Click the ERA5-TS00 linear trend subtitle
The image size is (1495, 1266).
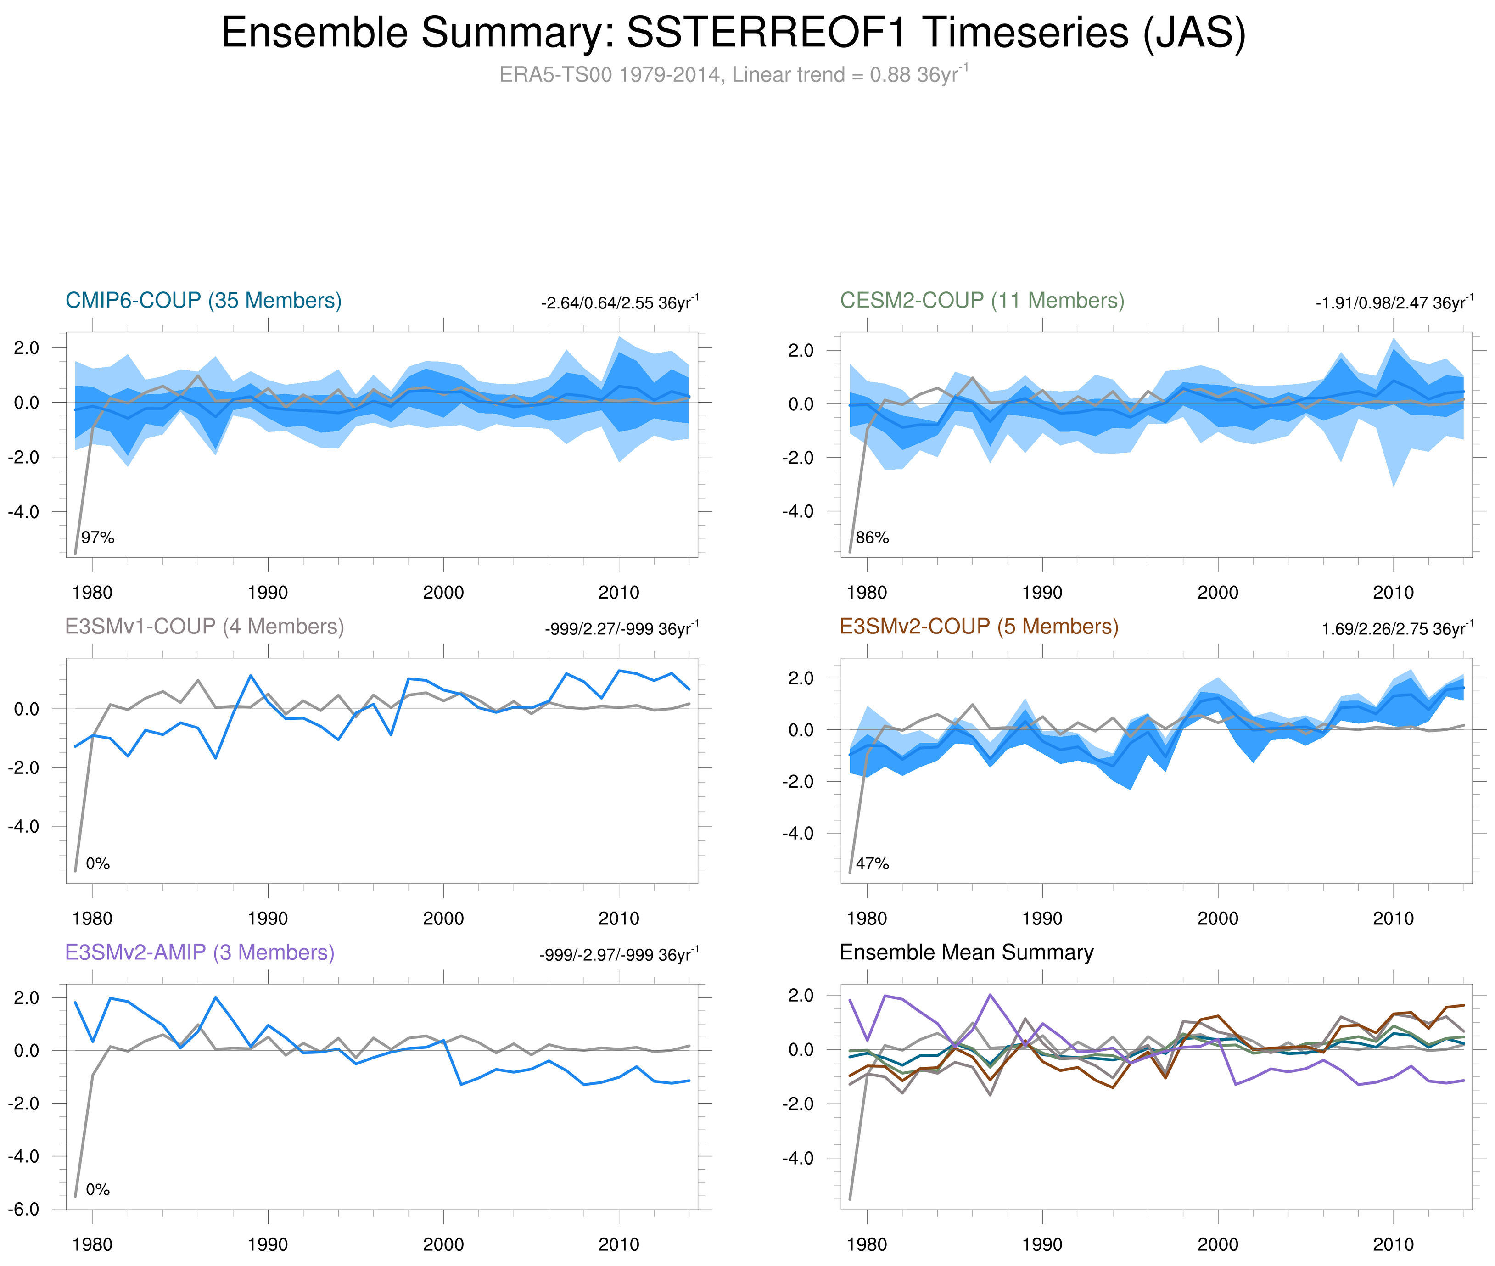click(732, 75)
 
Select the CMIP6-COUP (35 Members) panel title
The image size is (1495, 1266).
click(203, 301)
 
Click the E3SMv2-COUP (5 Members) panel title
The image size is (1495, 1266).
click(978, 627)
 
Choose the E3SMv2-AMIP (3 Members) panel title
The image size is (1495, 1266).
click(200, 952)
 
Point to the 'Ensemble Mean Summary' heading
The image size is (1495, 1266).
click(966, 952)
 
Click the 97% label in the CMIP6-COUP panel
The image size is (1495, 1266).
click(98, 538)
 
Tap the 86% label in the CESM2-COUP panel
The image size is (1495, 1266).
click(872, 538)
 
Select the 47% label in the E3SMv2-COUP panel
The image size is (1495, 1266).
click(872, 863)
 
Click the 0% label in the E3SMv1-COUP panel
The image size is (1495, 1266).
click(98, 863)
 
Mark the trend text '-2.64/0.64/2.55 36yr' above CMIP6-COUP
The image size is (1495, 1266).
click(619, 303)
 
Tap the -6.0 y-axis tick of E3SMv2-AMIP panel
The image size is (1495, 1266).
click(24, 1209)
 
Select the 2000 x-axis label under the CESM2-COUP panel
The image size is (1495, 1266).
click(1217, 593)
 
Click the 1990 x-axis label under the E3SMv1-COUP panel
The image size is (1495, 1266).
click(267, 919)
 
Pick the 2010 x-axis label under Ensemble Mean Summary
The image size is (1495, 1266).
click(1393, 1244)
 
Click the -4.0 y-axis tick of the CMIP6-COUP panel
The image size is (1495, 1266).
click(24, 512)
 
